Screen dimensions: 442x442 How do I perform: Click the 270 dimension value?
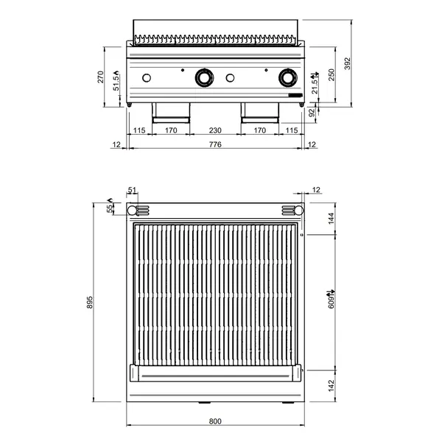102,77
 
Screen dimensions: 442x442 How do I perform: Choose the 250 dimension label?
332,76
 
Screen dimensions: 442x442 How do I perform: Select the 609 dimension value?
332,298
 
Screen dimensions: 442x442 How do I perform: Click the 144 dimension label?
332,217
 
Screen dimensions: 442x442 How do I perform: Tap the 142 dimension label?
332,384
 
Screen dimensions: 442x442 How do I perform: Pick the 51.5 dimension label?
116,82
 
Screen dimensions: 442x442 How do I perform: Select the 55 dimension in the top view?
111,209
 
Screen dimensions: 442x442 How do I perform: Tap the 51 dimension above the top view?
133,191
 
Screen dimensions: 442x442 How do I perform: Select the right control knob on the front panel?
287,77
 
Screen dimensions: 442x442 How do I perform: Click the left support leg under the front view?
171,112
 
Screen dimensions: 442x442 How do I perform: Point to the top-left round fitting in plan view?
133,211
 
